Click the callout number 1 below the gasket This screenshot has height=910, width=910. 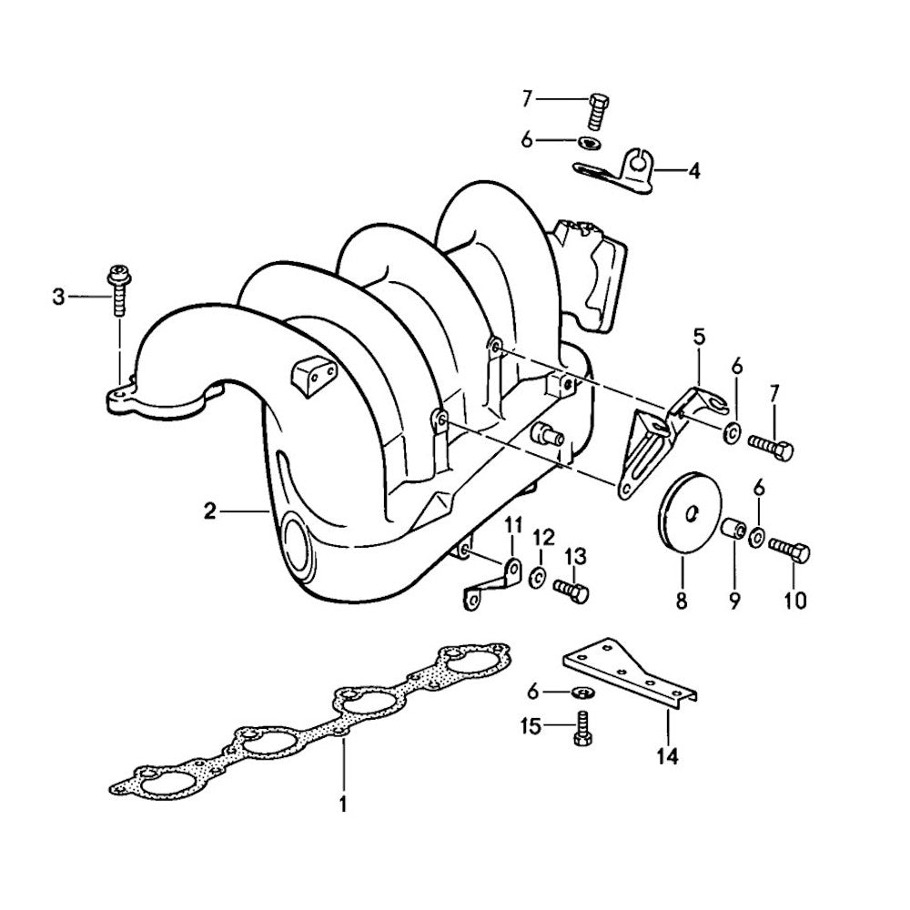point(343,804)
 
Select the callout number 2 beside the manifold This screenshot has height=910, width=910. point(209,511)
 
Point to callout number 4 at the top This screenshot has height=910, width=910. point(694,169)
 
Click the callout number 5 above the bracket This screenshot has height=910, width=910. point(699,337)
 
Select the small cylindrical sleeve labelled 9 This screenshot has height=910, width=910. point(734,529)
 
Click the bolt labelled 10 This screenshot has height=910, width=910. point(790,551)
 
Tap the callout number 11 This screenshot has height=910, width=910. point(512,523)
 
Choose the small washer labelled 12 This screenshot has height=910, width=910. point(538,576)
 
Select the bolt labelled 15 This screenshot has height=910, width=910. point(582,729)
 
